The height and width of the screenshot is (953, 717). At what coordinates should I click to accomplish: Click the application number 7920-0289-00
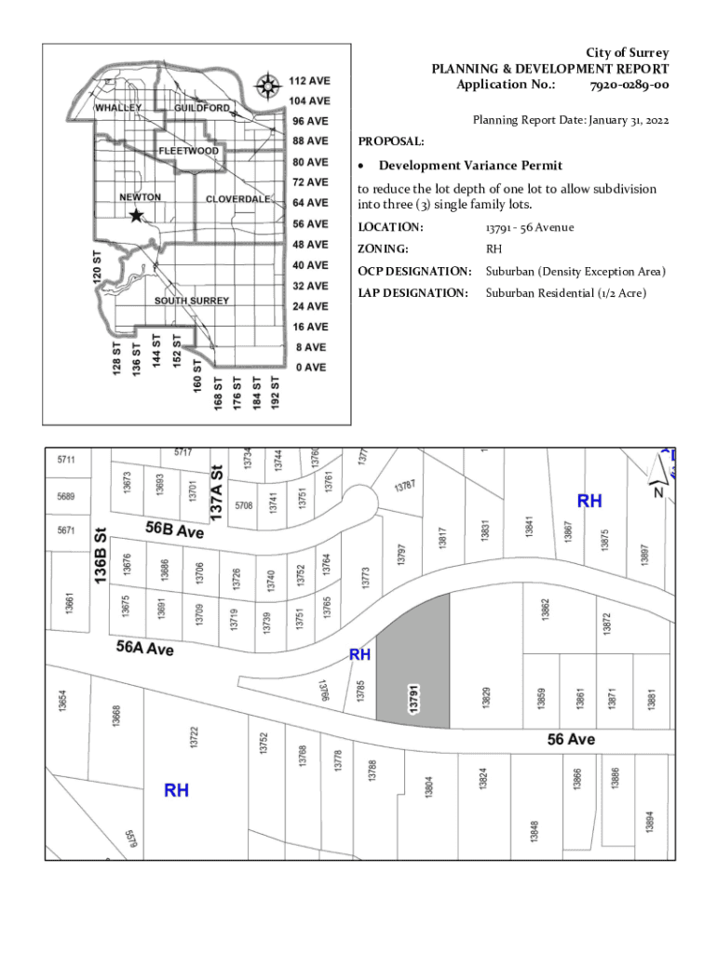pyautogui.click(x=629, y=86)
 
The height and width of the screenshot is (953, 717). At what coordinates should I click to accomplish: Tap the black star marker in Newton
pyautogui.click(x=136, y=216)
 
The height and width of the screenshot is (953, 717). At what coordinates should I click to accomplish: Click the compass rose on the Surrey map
pyautogui.click(x=268, y=87)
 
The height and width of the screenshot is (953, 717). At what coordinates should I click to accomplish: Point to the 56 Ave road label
pyautogui.click(x=570, y=740)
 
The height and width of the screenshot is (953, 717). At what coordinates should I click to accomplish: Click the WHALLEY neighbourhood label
pyautogui.click(x=118, y=108)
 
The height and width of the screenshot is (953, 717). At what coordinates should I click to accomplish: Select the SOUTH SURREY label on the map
pyautogui.click(x=191, y=302)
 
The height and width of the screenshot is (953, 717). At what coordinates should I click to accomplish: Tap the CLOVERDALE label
pyautogui.click(x=237, y=199)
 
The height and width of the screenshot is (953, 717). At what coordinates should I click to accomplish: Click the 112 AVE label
pyautogui.click(x=308, y=81)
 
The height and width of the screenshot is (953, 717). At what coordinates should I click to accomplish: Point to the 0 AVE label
pyautogui.click(x=310, y=368)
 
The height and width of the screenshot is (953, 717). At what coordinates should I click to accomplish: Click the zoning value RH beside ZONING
pyautogui.click(x=494, y=249)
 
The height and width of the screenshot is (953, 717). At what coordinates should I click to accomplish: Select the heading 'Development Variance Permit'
pyautogui.click(x=470, y=166)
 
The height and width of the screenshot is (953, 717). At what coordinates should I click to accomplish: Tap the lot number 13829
pyautogui.click(x=486, y=697)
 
